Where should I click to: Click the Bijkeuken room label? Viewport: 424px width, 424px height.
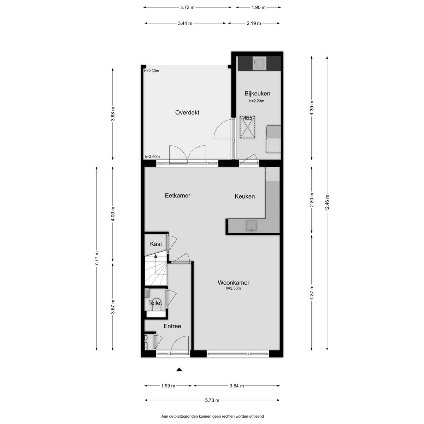pyautogui.click(x=257, y=94)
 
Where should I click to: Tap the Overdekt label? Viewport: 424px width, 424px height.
pyautogui.click(x=187, y=112)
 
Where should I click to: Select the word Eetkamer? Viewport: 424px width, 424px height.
pyautogui.click(x=178, y=195)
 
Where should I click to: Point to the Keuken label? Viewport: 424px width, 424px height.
pyautogui.click(x=245, y=196)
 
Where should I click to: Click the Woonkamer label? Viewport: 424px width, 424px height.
pyautogui.click(x=234, y=283)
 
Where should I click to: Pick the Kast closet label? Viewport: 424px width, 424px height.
pyautogui.click(x=156, y=244)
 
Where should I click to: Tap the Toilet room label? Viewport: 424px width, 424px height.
pyautogui.click(x=155, y=303)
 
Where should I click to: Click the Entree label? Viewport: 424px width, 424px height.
pyautogui.click(x=172, y=326)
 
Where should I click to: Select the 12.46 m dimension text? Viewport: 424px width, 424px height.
pyautogui.click(x=327, y=203)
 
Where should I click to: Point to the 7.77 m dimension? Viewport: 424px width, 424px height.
pyautogui.click(x=96, y=258)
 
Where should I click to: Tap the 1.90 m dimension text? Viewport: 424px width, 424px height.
pyautogui.click(x=259, y=7)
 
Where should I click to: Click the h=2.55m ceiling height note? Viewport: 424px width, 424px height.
pyautogui.click(x=233, y=288)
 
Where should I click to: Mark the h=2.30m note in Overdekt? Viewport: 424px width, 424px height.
pyautogui.click(x=152, y=71)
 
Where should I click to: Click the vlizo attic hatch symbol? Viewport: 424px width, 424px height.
pyautogui.click(x=247, y=127)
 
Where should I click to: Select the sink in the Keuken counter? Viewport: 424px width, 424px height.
pyautogui.click(x=251, y=226)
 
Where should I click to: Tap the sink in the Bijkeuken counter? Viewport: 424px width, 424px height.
pyautogui.click(x=259, y=63)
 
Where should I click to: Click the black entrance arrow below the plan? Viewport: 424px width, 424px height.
pyautogui.click(x=179, y=370)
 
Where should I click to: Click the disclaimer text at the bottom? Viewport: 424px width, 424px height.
pyautogui.click(x=212, y=416)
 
